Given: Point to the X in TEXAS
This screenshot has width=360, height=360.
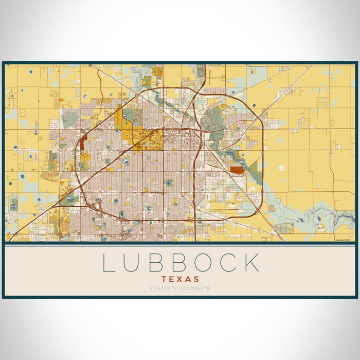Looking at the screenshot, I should pyautogui.click(x=179, y=279).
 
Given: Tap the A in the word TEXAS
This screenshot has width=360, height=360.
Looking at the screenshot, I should pyautogui.click(x=188, y=279).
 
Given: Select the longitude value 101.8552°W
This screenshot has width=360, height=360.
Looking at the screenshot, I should pyautogui.click(x=195, y=288).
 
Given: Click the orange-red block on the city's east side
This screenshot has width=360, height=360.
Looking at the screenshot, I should pyautogui.click(x=237, y=169).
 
